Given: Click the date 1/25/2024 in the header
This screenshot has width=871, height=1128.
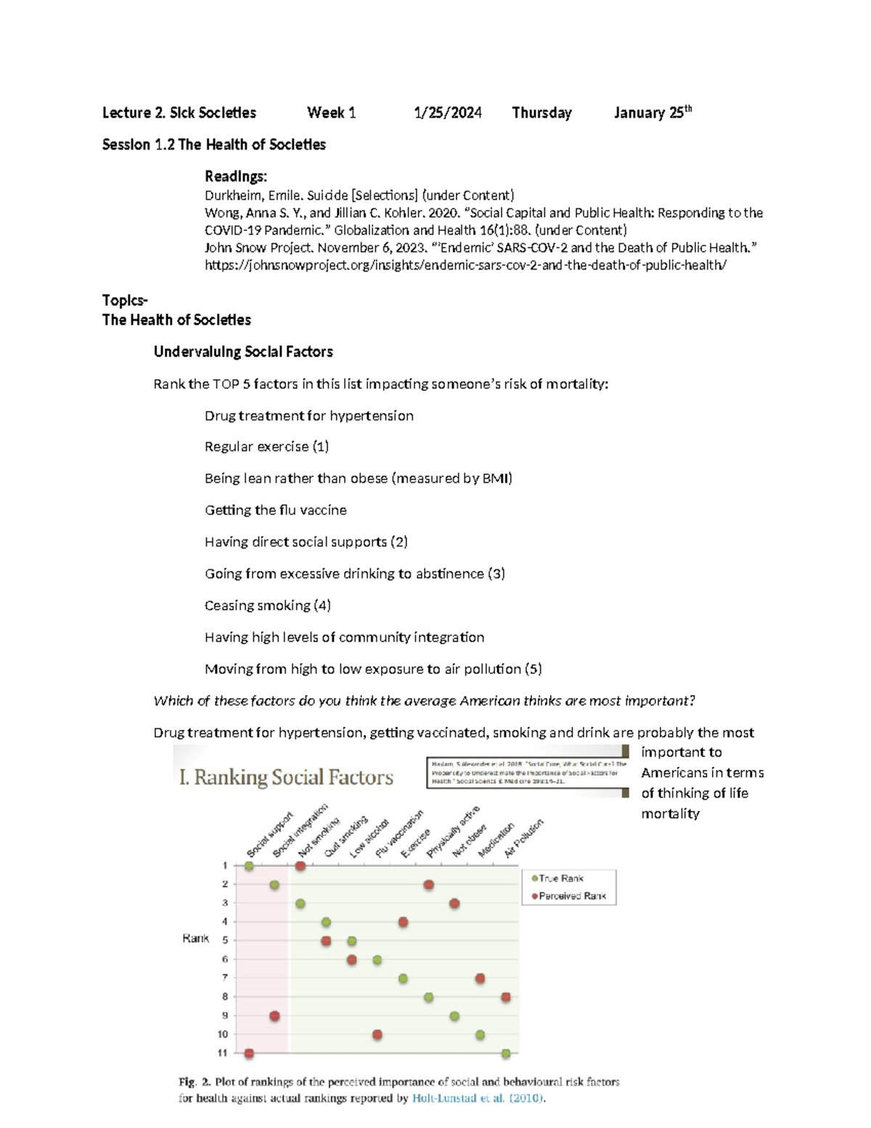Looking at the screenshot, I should (x=447, y=113).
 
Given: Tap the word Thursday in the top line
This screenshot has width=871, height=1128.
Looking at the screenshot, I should (x=541, y=113).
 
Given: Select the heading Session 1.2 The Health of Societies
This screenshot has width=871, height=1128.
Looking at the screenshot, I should (x=213, y=145).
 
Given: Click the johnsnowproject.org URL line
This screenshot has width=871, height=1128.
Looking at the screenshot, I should (x=465, y=265).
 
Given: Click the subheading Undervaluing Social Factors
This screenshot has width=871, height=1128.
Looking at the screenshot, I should (x=243, y=352).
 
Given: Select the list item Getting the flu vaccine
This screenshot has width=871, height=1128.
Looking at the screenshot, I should (x=275, y=510).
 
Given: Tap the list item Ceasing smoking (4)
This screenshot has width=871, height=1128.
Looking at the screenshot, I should (x=267, y=605).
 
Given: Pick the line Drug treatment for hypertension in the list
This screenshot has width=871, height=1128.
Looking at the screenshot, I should (x=308, y=415).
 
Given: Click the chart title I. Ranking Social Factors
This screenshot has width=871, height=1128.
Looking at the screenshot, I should (x=286, y=777).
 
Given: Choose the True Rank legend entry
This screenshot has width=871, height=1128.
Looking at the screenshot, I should (x=560, y=878).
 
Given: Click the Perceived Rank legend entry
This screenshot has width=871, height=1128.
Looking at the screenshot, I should (x=571, y=896).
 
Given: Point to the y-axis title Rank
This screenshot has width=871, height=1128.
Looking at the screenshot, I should (x=195, y=938).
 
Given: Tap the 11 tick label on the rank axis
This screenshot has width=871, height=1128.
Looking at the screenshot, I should (x=222, y=1052).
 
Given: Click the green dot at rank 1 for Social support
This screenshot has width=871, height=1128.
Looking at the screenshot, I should (x=249, y=866).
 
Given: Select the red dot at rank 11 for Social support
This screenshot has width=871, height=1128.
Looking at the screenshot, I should (x=249, y=1052).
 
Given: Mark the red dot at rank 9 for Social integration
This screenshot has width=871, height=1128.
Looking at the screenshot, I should (x=274, y=1015).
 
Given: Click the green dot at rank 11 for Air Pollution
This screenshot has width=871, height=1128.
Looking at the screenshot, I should (x=506, y=1052).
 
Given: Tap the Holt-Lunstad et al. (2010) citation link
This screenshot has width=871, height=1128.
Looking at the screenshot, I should (x=478, y=1098).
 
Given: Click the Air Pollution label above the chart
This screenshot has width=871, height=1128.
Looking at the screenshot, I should (x=523, y=838).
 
